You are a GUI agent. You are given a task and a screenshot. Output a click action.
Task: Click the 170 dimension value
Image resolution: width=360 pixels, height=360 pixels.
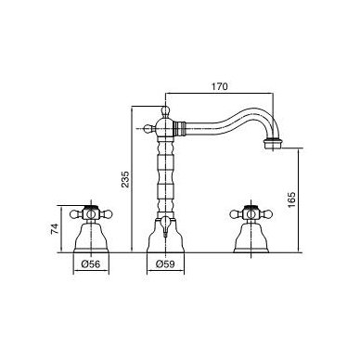tap(219, 86)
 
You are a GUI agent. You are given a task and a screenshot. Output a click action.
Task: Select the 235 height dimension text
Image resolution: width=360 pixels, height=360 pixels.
tap(126, 179)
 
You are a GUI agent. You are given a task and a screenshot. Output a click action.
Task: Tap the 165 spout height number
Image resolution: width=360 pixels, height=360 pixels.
tap(291, 199)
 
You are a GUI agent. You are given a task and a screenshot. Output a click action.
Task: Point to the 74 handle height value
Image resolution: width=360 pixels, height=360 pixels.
tap(55, 229)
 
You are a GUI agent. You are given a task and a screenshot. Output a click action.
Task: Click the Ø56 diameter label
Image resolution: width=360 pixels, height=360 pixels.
tap(91, 264)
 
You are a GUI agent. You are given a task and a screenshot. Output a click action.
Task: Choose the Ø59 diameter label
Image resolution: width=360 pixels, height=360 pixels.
tap(165, 264)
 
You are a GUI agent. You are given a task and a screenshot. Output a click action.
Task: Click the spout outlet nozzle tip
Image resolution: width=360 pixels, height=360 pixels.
tap(274, 144)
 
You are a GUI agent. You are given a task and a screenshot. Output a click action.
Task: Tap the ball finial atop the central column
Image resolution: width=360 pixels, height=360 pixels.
tap(166, 109)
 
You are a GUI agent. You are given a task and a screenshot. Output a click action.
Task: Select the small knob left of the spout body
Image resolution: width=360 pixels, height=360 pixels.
tap(148, 128)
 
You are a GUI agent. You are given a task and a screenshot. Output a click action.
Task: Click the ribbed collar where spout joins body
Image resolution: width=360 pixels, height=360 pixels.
tap(180, 128)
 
